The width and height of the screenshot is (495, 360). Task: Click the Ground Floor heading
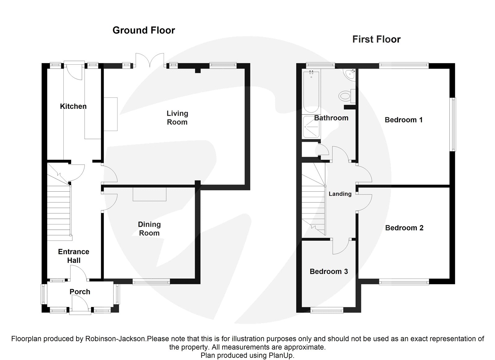point(144,30)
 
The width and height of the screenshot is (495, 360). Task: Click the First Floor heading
point(376,39)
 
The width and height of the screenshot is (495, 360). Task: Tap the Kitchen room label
point(73,106)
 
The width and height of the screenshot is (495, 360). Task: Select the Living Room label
point(177,118)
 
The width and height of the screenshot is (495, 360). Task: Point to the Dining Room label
point(149,229)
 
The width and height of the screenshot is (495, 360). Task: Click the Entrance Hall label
point(74,256)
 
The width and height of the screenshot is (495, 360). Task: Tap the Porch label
point(80,292)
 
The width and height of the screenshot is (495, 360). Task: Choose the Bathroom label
point(331,118)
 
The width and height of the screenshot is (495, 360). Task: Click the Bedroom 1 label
point(403,120)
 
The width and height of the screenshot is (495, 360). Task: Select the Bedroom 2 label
point(404,228)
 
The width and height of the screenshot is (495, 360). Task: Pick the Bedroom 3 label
point(329,271)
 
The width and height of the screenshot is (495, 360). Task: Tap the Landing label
point(340,194)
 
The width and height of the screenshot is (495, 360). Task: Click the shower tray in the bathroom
point(311,127)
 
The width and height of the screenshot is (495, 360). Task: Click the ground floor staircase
point(59,210)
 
